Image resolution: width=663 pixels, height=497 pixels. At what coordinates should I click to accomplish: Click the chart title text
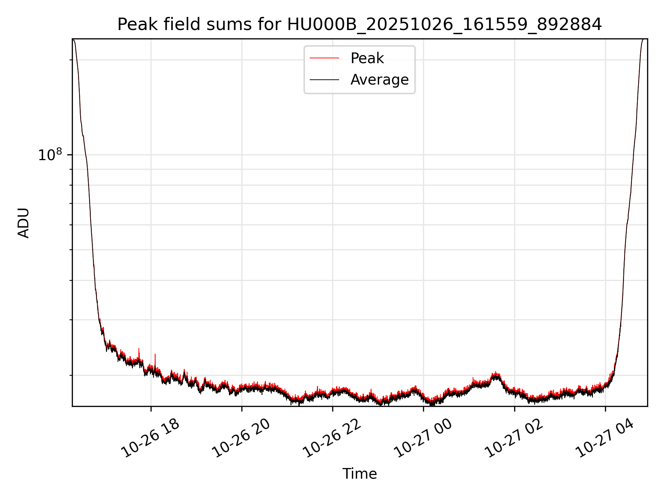(x=359, y=25)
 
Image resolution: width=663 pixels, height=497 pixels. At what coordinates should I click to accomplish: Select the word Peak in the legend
(x=367, y=58)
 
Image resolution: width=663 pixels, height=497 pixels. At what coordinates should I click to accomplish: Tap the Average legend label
(x=379, y=80)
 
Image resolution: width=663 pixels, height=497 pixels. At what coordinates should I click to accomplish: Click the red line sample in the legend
(x=324, y=58)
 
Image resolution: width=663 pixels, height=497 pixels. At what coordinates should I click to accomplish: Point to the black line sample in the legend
(x=324, y=80)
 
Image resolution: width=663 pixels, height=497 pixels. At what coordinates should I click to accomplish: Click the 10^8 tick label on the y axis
(x=50, y=155)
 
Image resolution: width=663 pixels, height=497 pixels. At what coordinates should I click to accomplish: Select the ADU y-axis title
(x=23, y=223)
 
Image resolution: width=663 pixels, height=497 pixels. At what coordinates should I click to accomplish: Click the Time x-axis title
(x=359, y=474)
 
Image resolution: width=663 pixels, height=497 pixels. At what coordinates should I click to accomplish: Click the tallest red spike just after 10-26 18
(x=155, y=355)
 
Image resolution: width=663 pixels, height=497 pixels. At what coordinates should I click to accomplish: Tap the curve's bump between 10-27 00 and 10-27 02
(x=496, y=375)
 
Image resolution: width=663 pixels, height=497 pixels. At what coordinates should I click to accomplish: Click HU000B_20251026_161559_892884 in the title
(x=444, y=25)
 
